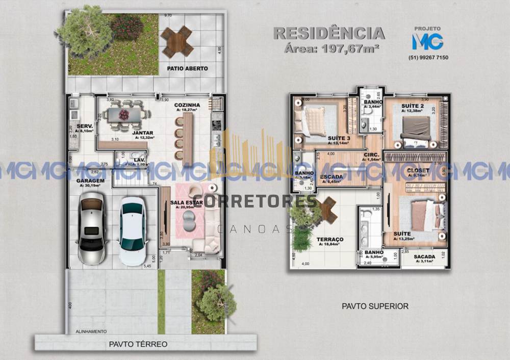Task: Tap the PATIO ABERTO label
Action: pos(187,68)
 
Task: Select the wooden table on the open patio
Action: pos(177,41)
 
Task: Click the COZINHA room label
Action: pos(186,105)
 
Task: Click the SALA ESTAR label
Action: pos(187,202)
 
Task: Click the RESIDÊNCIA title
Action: pos(329,34)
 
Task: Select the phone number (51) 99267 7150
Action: pos(428,58)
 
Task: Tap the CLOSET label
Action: pos(418,170)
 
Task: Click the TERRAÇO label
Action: pos(329,239)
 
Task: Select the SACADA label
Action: pos(424,256)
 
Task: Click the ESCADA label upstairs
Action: pos(331,176)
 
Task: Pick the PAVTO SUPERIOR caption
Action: pos(375,306)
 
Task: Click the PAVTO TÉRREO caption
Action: pos(138,344)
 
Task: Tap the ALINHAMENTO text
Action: pos(91,331)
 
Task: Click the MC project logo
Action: pos(427,40)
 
